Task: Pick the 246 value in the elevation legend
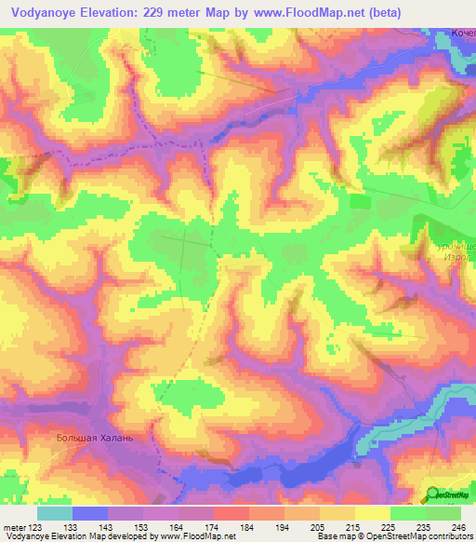[x=459, y=526]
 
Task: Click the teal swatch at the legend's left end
[x=55, y=513]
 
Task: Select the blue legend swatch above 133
[x=90, y=513]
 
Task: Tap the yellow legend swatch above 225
[x=372, y=513]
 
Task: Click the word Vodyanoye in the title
[x=46, y=12]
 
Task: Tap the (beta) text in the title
[x=443, y=12]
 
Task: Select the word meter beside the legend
[x=14, y=526]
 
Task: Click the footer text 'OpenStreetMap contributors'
[x=413, y=536]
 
